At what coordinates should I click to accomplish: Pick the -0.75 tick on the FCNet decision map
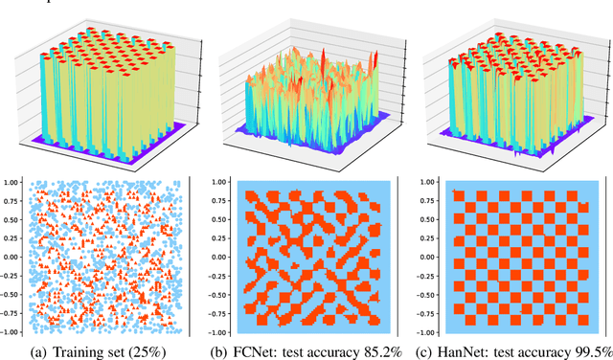215,314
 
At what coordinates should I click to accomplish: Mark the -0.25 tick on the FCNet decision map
215,276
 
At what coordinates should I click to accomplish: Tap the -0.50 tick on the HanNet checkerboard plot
425,295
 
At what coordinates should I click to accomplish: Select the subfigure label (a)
44,349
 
